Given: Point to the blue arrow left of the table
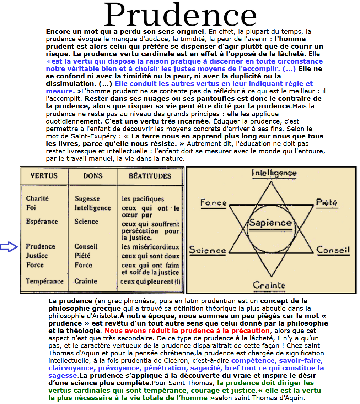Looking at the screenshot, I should (9, 247).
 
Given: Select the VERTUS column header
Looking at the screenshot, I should (44, 176).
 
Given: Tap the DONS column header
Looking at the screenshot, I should (93, 176).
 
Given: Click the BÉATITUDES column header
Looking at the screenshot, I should (150, 176).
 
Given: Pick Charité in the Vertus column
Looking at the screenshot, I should (37, 198).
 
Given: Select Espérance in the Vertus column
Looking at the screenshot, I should (42, 222).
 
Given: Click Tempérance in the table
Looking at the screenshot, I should (44, 281).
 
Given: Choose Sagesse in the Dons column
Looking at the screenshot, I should (87, 199).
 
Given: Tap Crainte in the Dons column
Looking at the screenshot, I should (86, 281).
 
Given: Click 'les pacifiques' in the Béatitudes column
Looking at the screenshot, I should (143, 199).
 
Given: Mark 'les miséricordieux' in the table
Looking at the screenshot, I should (150, 247).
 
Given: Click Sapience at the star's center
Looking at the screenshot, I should (270, 223).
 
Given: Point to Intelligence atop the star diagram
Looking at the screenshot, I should (274, 173).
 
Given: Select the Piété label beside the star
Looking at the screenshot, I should (327, 202).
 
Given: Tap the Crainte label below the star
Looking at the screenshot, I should (269, 285).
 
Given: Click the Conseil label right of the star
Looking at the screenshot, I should (333, 250).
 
